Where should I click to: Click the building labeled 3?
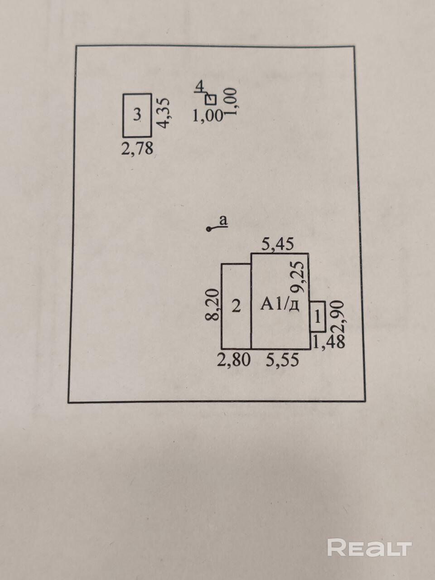pos(137,115)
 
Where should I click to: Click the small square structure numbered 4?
pos(211,99)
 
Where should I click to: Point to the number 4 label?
pos(199,86)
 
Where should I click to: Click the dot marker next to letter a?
pos(209,230)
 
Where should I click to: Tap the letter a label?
pos(223,221)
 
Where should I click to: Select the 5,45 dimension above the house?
pos(278,245)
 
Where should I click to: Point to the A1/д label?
pos(280,304)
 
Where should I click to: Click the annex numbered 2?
pos(236,306)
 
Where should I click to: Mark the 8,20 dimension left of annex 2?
pos(213,306)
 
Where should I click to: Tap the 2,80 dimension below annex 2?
pos(233,360)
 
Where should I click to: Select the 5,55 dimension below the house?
pos(282,360)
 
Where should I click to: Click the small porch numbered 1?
pos(318,316)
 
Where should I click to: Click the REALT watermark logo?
pos(369,548)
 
